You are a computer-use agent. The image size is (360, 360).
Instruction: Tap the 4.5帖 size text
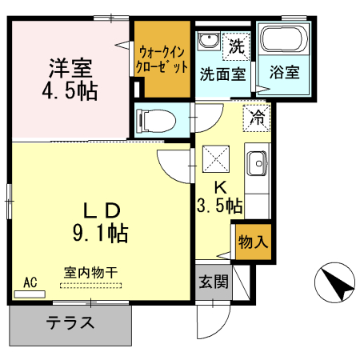tap(70, 90)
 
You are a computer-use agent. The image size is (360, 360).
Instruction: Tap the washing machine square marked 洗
tap(236, 45)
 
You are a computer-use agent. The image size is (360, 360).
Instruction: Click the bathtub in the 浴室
tap(283, 40)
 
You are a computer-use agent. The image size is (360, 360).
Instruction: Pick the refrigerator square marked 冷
tap(258, 118)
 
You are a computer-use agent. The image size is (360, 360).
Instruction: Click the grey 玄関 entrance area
tap(212, 282)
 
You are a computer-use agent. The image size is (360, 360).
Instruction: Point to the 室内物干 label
tap(90, 272)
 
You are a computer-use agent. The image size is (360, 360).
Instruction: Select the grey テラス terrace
tap(70, 324)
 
